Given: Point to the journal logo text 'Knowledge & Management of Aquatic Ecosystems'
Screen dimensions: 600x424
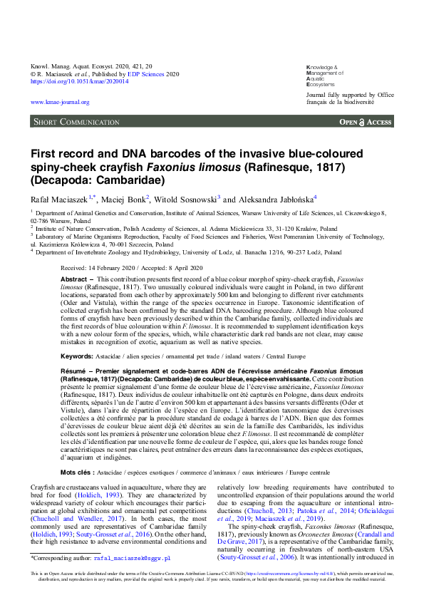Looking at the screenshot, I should (x=325, y=73).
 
